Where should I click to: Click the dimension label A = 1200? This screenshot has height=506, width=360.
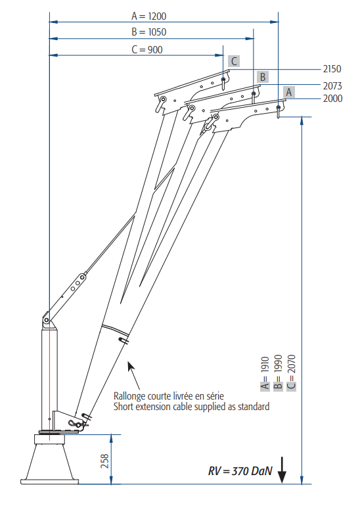tap(148, 16)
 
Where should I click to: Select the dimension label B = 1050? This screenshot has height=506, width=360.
tap(148, 32)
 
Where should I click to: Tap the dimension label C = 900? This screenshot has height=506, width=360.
tap(147, 50)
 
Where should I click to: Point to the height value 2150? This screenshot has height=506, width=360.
tap(332, 69)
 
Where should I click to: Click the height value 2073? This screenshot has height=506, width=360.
tap(332, 86)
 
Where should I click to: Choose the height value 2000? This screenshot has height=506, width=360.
tap(332, 98)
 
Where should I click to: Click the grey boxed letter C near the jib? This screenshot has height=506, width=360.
tap(234, 61)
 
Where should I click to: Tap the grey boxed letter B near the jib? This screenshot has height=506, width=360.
tap(263, 77)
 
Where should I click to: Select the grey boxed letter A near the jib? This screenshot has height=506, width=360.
tap(288, 92)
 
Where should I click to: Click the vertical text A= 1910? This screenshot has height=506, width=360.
tap(265, 373)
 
